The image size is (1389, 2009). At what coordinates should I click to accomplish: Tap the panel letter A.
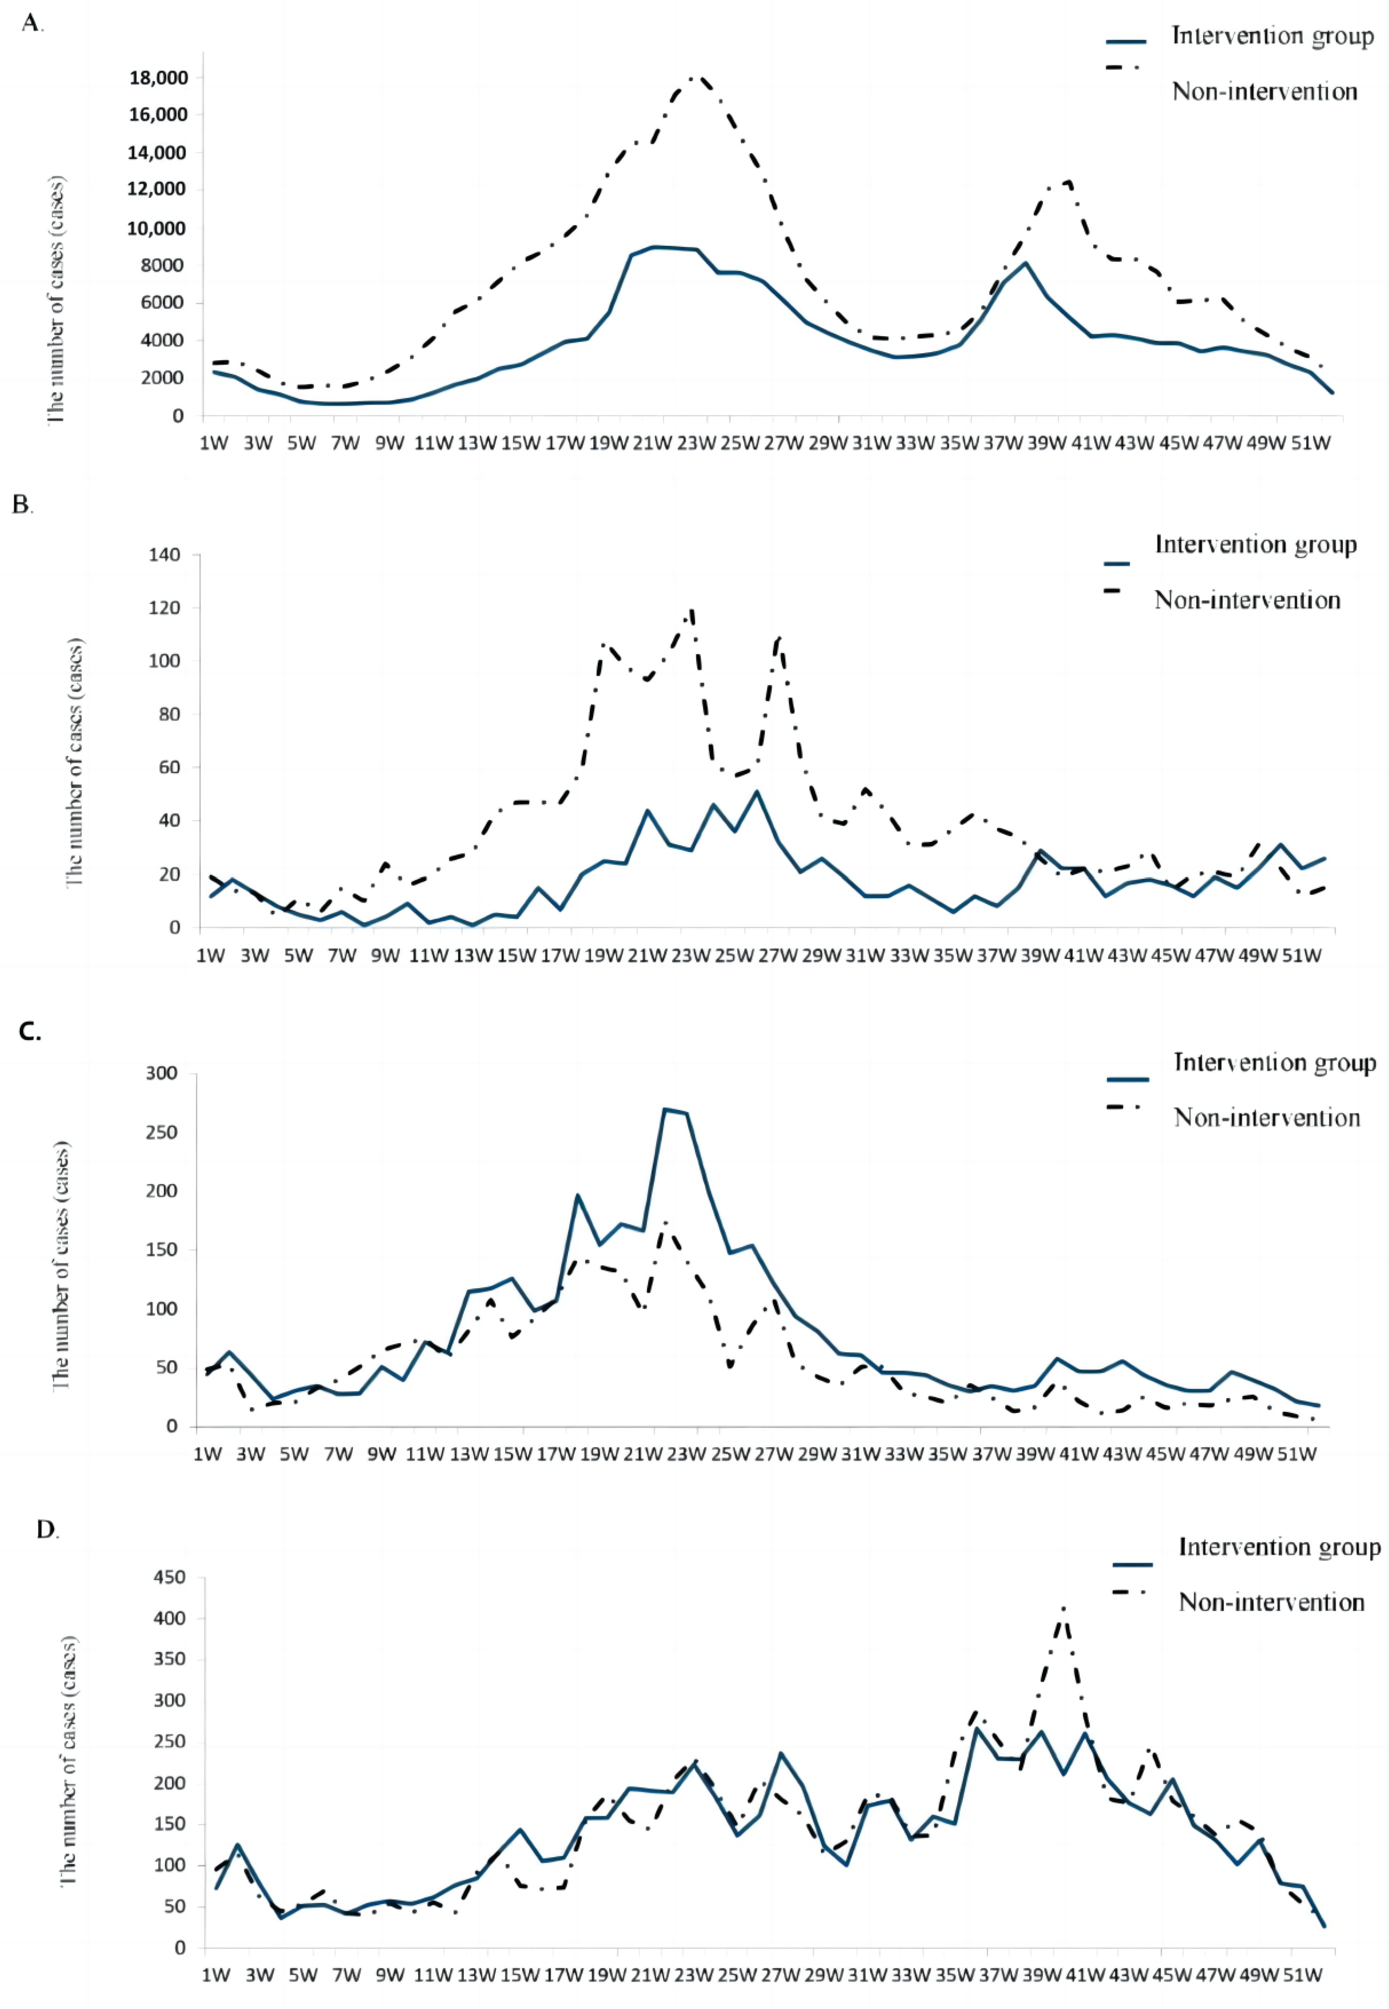tap(32, 24)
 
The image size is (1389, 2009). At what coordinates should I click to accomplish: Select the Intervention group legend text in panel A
tap(1272, 37)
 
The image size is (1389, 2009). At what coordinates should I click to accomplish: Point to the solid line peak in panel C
tap(666, 1109)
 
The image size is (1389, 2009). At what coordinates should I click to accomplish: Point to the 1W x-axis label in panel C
tap(207, 1455)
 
